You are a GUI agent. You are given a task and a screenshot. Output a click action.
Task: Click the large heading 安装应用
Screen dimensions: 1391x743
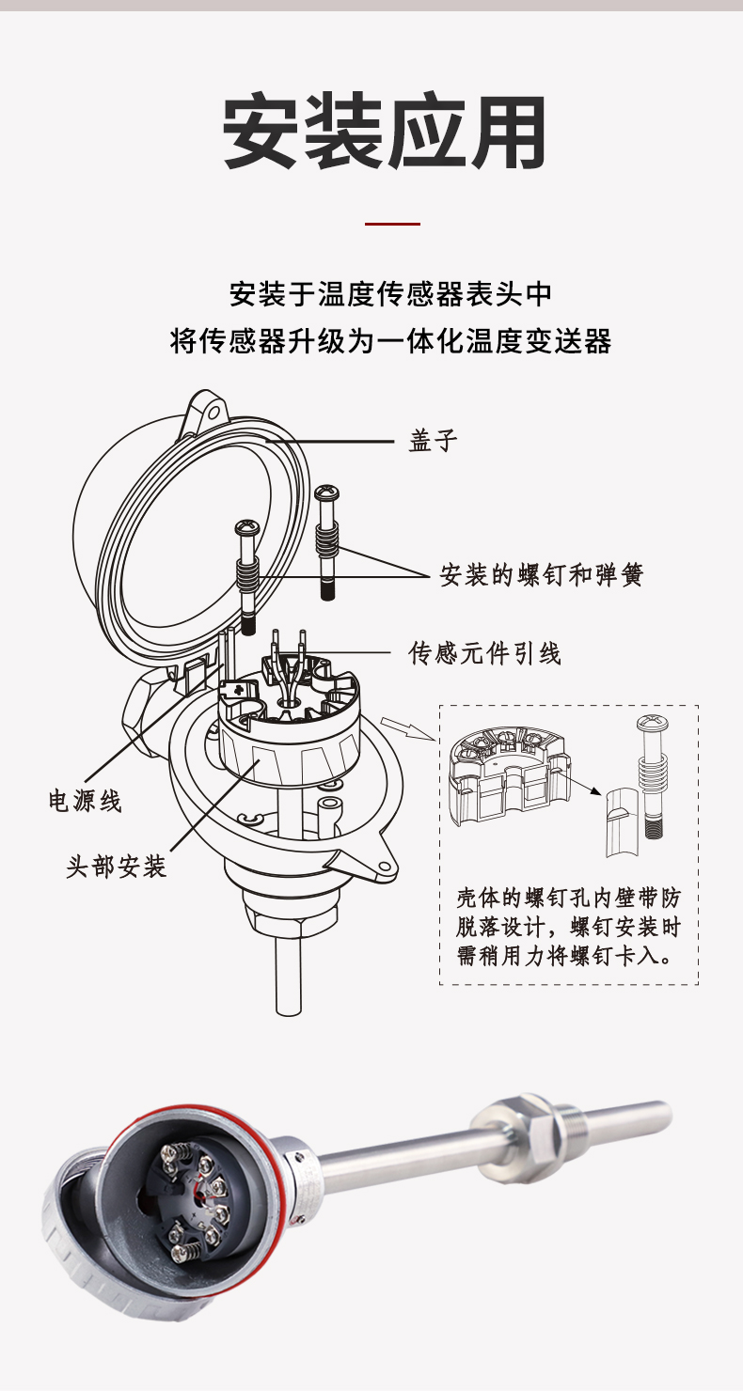click(385, 133)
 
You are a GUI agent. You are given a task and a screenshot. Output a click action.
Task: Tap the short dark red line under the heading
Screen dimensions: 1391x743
click(391, 224)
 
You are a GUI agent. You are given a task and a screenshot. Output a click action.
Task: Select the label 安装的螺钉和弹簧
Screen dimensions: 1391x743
click(542, 574)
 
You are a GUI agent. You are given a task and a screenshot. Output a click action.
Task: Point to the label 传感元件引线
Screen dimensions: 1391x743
click(484, 652)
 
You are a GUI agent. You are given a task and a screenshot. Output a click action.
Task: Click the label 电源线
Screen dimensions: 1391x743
click(86, 801)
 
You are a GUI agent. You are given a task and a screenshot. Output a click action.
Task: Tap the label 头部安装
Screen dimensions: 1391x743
click(116, 866)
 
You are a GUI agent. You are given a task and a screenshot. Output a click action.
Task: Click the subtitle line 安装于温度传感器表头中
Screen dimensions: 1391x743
click(390, 293)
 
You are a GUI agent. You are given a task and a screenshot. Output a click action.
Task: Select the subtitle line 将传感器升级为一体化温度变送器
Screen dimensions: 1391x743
click(390, 340)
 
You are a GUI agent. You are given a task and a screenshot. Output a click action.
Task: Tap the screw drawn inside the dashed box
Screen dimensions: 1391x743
click(653, 771)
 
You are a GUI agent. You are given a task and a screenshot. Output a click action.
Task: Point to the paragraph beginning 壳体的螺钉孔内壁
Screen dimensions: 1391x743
click(568, 927)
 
